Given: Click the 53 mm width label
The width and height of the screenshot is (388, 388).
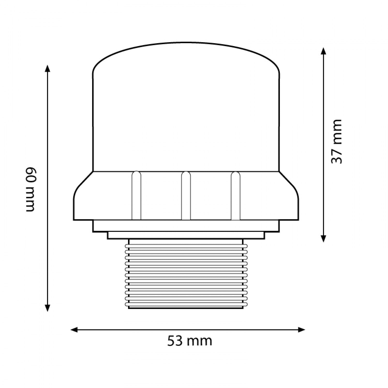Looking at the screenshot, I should click(190, 341).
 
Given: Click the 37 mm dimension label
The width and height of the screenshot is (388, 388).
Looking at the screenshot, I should click(337, 141).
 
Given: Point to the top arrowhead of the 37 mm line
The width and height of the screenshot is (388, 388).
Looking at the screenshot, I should click(323, 50).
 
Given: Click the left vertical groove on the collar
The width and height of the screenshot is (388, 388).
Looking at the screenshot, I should click(136, 196).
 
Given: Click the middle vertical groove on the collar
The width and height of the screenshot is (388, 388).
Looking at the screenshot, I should click(186, 196).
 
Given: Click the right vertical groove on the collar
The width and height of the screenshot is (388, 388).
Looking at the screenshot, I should click(235, 196).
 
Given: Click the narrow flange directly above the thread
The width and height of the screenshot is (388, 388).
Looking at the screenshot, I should click(186, 235).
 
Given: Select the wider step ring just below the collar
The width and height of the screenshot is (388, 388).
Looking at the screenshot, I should click(186, 226).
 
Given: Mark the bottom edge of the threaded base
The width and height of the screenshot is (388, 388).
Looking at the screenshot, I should click(186, 308).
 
